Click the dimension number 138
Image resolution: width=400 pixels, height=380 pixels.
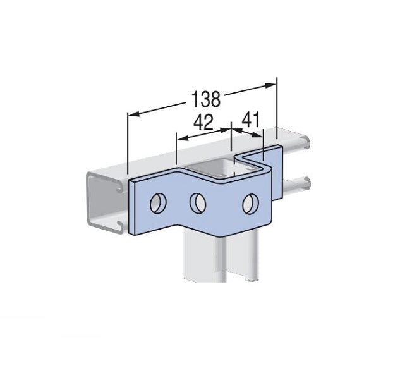click(x=205, y=99)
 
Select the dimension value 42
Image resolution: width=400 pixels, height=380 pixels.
click(x=203, y=122)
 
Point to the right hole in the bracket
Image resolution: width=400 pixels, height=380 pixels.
click(x=250, y=204)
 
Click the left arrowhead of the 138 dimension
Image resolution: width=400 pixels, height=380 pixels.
click(x=131, y=114)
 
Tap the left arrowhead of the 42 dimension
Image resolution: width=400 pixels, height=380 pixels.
click(x=179, y=138)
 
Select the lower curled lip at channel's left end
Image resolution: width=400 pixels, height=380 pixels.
click(x=118, y=224)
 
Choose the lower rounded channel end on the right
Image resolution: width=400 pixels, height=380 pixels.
click(x=308, y=182)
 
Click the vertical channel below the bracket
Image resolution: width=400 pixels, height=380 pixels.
click(x=215, y=259)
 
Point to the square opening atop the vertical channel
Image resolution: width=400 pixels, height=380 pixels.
click(x=212, y=169)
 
